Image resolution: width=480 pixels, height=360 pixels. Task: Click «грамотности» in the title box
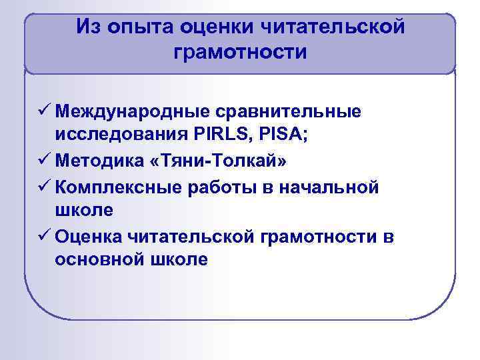(x=241, y=52)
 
